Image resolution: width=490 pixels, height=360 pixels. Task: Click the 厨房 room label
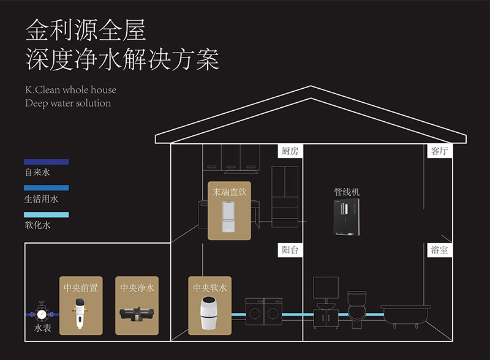coord(290,151)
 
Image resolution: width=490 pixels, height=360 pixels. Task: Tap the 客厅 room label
coord(439,151)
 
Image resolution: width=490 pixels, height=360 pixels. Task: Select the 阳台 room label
coord(290,250)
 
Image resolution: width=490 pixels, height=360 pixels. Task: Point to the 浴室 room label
coord(439,250)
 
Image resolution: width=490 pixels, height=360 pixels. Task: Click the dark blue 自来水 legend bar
coord(47,162)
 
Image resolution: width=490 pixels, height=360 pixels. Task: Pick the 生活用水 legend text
coord(42,199)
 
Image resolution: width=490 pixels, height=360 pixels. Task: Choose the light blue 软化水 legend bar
coord(47,215)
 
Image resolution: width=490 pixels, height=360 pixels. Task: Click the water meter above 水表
coord(41,313)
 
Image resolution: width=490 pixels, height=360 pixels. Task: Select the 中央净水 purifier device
coord(137,313)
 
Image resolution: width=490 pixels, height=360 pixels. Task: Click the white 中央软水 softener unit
coord(210,313)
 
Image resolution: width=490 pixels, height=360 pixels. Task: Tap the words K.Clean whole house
coord(70,90)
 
